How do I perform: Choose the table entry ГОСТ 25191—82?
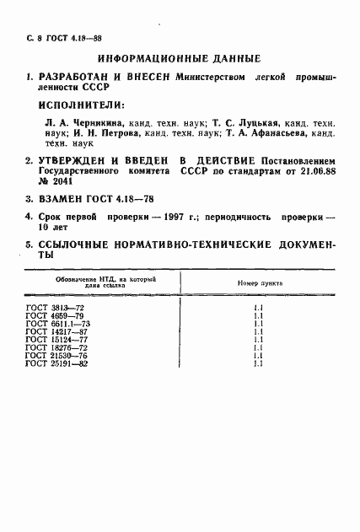[53, 363]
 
